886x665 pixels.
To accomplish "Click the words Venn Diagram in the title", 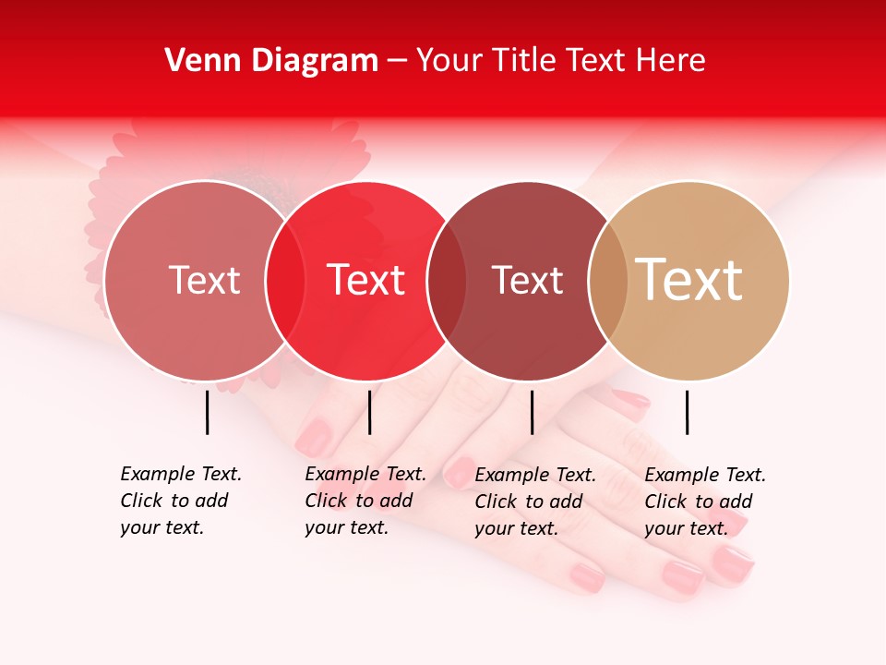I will pos(271,61).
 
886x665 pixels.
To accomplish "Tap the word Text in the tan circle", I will pos(689,280).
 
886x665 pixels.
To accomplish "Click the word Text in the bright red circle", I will pos(366,280).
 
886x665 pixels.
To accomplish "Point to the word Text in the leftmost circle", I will pos(204,280).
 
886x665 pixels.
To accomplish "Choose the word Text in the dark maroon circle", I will pos(527,280).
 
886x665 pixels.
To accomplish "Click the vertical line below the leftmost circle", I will pos(208,412).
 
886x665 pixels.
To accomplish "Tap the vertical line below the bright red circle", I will pos(369,412).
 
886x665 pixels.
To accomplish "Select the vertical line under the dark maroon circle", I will pos(532,412).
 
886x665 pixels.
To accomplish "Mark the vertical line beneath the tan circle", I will pos(687,412).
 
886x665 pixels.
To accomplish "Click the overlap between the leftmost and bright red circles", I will pos(285,281).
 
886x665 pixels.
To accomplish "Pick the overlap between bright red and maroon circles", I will pos(447,281).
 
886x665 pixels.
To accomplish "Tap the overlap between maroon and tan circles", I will pos(608,281).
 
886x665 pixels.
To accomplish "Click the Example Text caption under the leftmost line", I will pos(180,501).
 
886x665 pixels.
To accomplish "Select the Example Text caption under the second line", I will pos(365,501).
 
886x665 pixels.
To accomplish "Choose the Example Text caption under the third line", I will pos(534,502).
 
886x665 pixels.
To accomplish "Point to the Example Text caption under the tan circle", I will pos(704,502).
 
